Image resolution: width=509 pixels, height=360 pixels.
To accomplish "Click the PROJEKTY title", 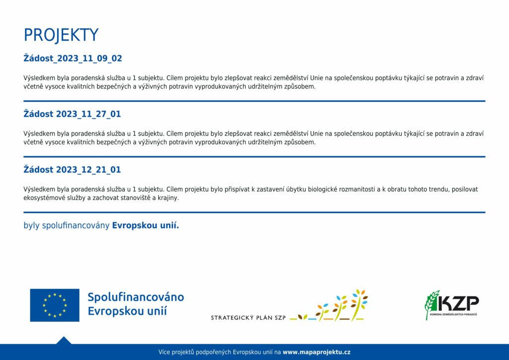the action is (61, 35).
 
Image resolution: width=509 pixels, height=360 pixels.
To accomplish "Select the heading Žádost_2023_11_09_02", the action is (73, 59).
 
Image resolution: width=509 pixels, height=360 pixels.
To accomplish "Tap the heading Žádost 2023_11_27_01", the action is (72, 114).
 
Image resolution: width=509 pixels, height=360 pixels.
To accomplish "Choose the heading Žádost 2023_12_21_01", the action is (72, 170).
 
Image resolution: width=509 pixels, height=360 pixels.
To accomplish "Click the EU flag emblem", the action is (55, 305).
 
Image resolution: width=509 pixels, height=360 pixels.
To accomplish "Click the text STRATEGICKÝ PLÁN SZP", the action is (249, 318).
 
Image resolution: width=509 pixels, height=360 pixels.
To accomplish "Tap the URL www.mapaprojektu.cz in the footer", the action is (317, 352).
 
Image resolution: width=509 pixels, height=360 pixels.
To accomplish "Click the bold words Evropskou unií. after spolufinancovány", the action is (146, 225).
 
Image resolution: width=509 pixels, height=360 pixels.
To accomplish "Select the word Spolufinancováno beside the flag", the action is (136, 297).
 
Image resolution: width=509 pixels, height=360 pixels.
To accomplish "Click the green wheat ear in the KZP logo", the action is (431, 304).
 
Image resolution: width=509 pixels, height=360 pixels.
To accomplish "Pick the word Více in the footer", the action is (164, 352).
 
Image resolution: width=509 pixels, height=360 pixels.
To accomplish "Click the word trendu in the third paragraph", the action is (438, 189).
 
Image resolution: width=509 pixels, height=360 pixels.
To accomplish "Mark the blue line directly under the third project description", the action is (254, 212).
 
